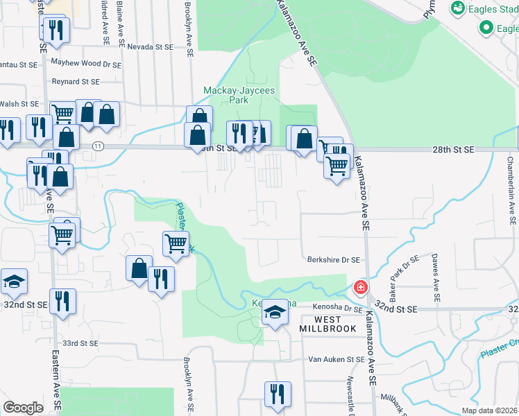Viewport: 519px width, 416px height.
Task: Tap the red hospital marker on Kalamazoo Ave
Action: point(361,286)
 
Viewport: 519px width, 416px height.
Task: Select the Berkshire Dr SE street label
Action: point(334,260)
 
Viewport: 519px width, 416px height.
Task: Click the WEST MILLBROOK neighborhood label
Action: point(328,323)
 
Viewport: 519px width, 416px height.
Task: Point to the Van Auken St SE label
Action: point(337,360)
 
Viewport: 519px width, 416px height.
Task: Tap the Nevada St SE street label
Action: point(150,46)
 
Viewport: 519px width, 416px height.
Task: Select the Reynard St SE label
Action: point(76,82)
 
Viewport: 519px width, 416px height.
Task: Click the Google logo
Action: point(24,408)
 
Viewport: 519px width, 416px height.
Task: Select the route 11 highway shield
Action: point(98,146)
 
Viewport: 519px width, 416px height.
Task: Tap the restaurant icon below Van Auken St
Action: point(277,394)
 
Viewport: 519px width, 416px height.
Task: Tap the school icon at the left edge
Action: point(14,281)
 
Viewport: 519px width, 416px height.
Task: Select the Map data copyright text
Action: point(488,410)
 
